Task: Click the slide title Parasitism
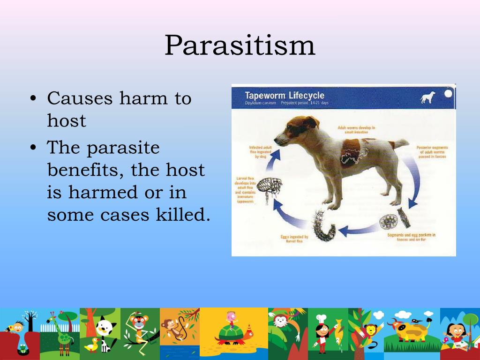pos(240,46)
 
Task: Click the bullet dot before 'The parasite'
pos(33,148)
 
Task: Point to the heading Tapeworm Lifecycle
pos(285,96)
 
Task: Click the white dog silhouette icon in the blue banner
pos(427,97)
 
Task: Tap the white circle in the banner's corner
pos(449,93)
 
